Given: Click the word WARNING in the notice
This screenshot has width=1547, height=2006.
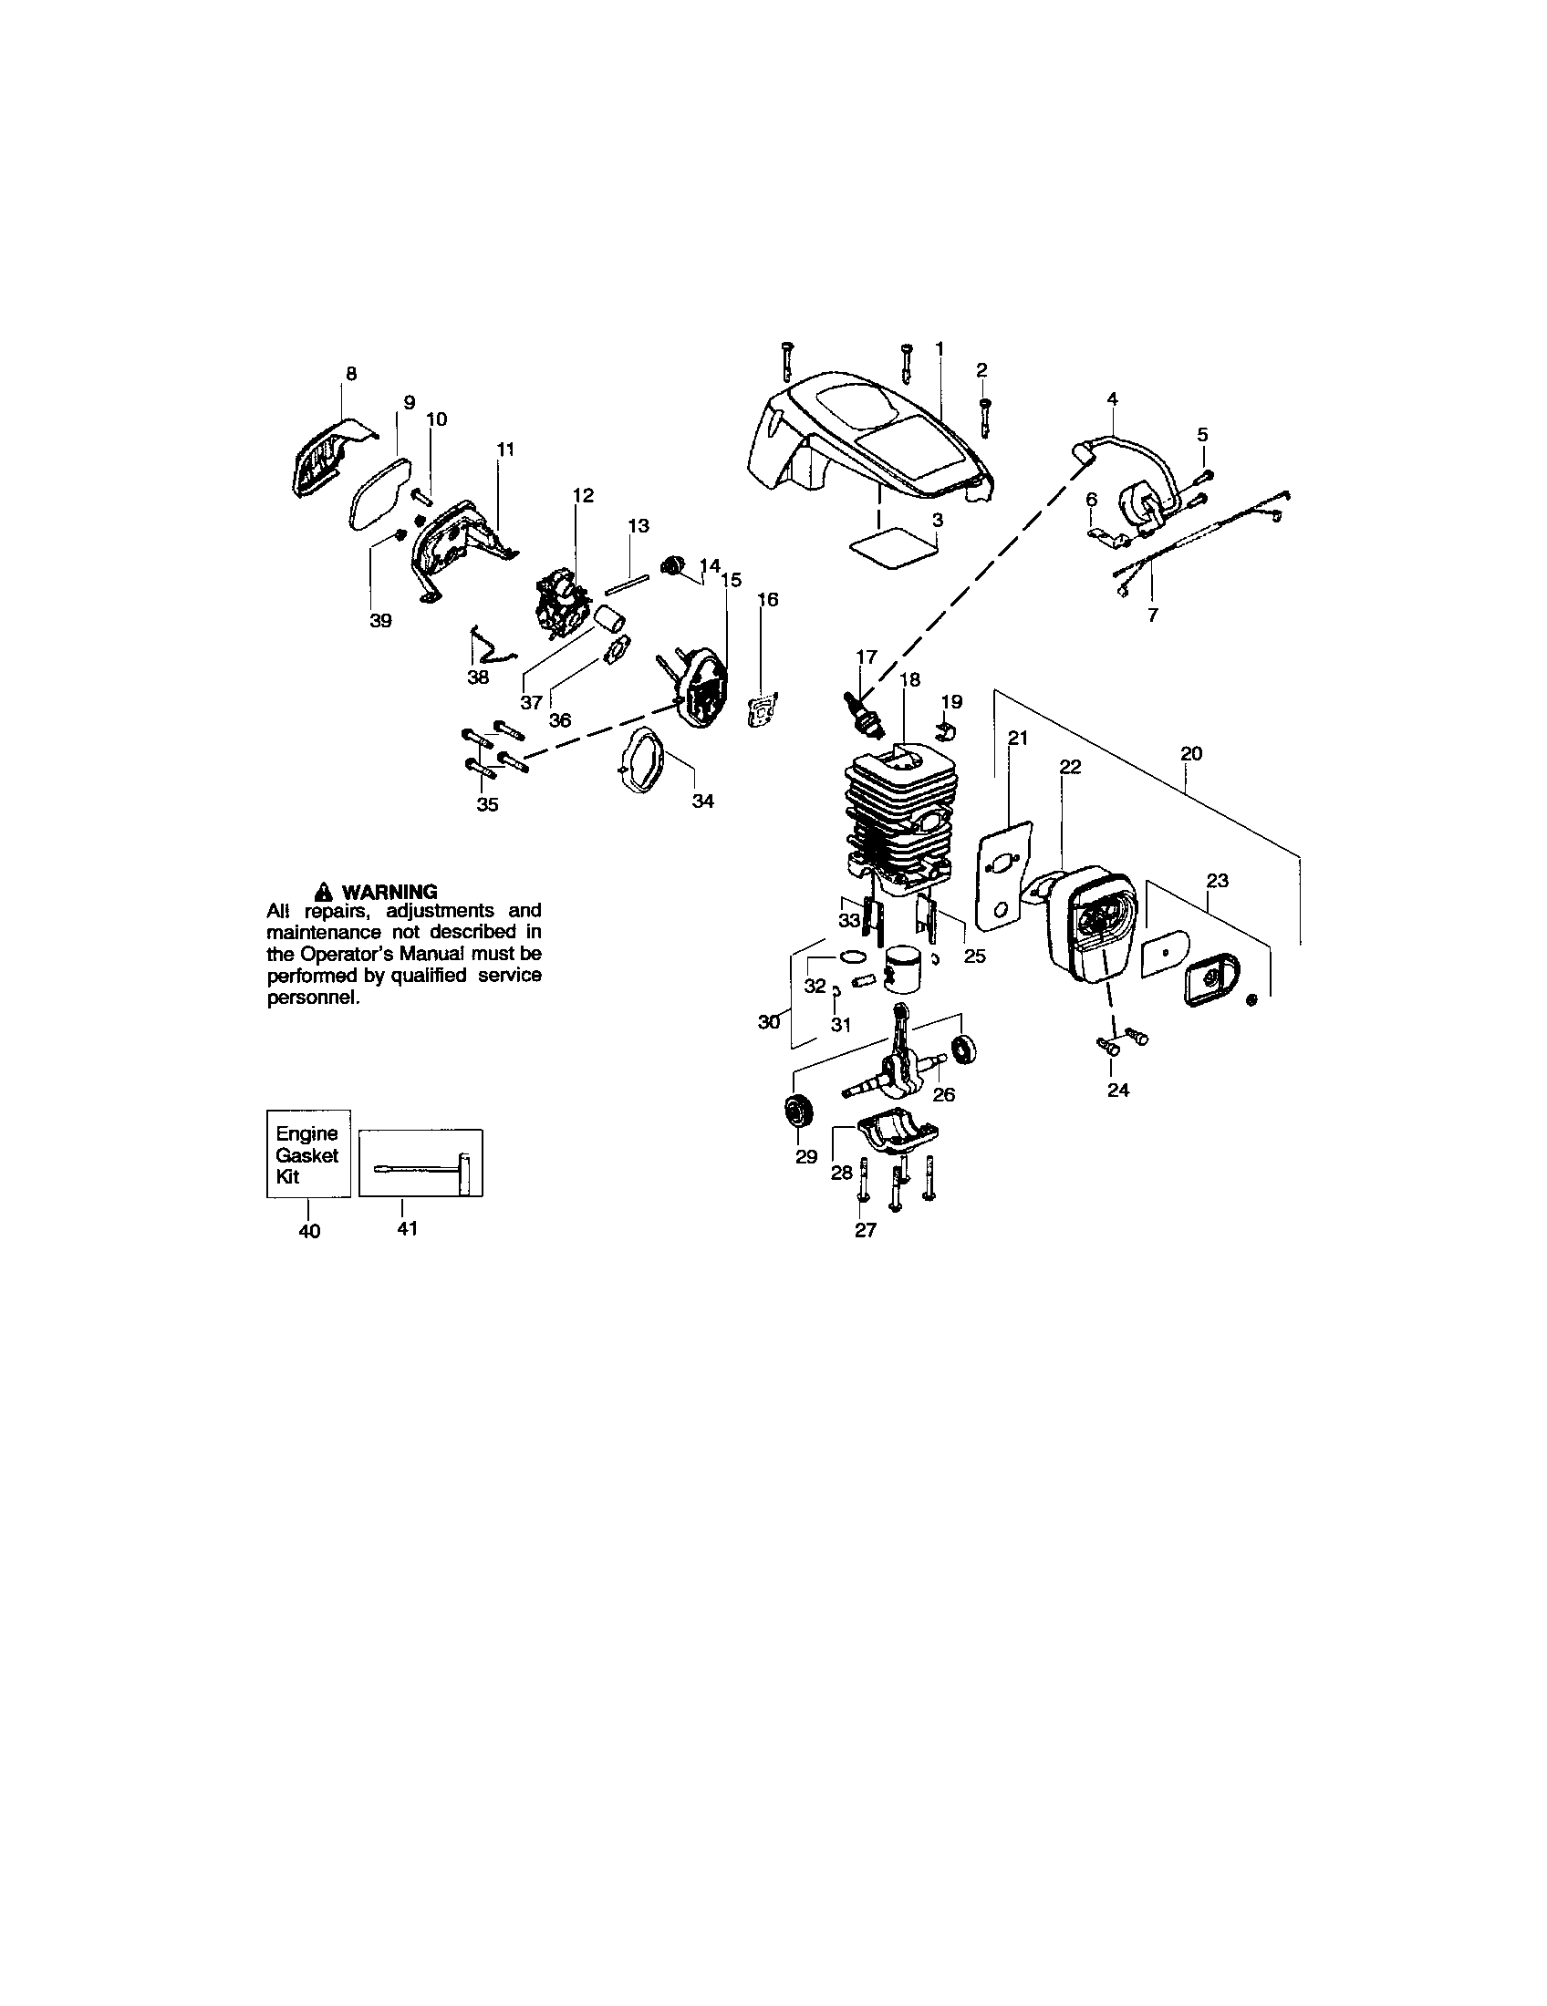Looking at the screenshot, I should pos(389,892).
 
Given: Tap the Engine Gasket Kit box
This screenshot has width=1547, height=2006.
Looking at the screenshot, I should pos(307,1154).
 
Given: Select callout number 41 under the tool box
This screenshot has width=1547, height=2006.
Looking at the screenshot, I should pos(407,1228).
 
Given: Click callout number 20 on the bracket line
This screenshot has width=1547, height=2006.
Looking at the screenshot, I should pos(1190,753).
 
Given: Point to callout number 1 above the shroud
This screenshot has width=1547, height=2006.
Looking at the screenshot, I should pos(939,348).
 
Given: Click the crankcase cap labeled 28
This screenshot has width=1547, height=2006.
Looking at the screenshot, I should pos(894,1135).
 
